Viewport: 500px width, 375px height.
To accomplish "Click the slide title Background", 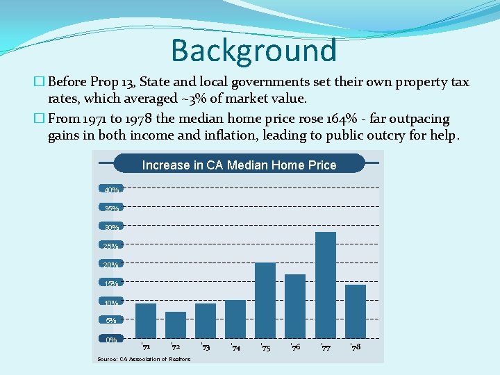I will click(253, 50).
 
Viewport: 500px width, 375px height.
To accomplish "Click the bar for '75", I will click(265, 300).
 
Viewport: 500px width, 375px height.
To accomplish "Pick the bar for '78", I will click(356, 311).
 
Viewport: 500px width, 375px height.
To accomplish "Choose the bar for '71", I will click(146, 320).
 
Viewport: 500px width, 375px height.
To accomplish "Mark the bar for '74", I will click(235, 319).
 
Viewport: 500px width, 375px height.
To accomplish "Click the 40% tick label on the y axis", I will click(111, 190).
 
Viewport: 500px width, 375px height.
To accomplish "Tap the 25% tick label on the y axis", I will click(111, 246).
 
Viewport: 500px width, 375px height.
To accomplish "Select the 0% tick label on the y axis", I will click(111, 340).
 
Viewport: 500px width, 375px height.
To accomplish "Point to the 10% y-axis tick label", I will click(111, 303).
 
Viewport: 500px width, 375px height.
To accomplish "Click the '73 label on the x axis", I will click(206, 347).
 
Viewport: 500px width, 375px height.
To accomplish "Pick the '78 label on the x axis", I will click(356, 347).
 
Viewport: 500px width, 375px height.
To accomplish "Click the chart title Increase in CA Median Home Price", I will click(239, 165).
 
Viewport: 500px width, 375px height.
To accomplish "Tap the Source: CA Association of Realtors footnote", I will click(144, 359).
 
